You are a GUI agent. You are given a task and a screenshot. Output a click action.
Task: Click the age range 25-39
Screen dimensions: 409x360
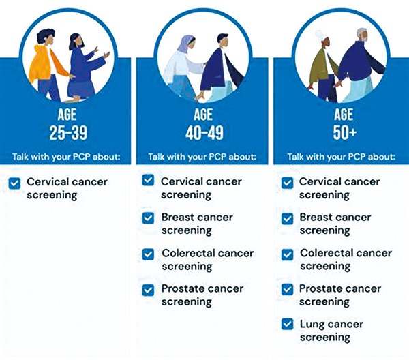click(x=68, y=133)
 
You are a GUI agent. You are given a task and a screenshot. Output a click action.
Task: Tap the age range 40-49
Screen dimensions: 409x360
click(x=204, y=133)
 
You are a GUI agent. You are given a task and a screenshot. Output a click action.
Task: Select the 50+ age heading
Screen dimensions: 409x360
click(x=344, y=132)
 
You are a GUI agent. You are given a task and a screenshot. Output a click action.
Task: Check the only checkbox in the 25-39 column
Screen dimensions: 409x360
click(x=14, y=183)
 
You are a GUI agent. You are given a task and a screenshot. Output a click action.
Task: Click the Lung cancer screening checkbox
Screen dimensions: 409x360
click(x=288, y=325)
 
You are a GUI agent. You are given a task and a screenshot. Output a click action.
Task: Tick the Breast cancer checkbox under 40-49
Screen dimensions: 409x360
click(x=148, y=218)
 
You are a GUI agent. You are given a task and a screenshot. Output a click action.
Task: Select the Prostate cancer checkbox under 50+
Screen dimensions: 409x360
click(x=288, y=289)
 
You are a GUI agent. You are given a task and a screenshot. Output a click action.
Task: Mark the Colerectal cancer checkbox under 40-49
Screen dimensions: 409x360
click(x=148, y=254)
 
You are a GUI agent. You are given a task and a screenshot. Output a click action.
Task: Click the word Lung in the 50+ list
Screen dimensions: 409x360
click(x=312, y=325)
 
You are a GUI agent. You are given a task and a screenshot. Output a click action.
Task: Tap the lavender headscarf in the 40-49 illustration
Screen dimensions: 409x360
click(x=185, y=44)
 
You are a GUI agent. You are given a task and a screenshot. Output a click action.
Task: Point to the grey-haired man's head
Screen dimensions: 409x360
click(x=362, y=35)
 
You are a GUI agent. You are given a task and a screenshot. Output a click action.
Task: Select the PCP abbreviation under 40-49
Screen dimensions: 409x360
click(x=217, y=157)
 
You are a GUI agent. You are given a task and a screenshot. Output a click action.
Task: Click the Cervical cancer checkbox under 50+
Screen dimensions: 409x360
click(x=288, y=183)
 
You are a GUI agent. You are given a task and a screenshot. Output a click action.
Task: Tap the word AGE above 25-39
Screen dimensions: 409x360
click(x=67, y=115)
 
